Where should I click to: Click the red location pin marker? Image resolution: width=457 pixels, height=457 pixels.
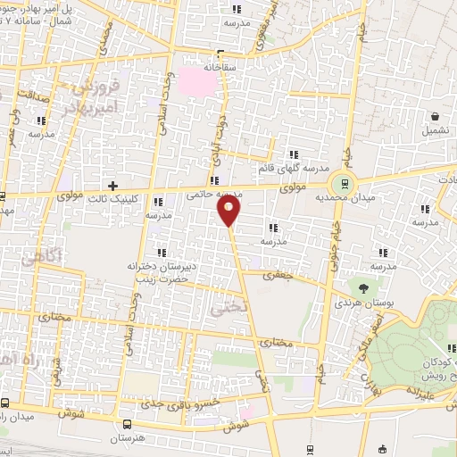(229, 211)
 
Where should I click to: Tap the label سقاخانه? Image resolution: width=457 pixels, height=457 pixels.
(223, 65)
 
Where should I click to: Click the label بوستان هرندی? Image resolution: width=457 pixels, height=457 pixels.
(363, 304)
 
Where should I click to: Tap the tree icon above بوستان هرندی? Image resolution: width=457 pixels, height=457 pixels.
(363, 287)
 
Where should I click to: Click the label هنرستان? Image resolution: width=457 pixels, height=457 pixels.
(127, 439)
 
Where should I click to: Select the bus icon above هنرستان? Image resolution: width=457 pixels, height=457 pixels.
(127, 424)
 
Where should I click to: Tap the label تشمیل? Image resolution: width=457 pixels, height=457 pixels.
(435, 131)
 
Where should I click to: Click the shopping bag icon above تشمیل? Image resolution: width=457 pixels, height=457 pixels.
(435, 116)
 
